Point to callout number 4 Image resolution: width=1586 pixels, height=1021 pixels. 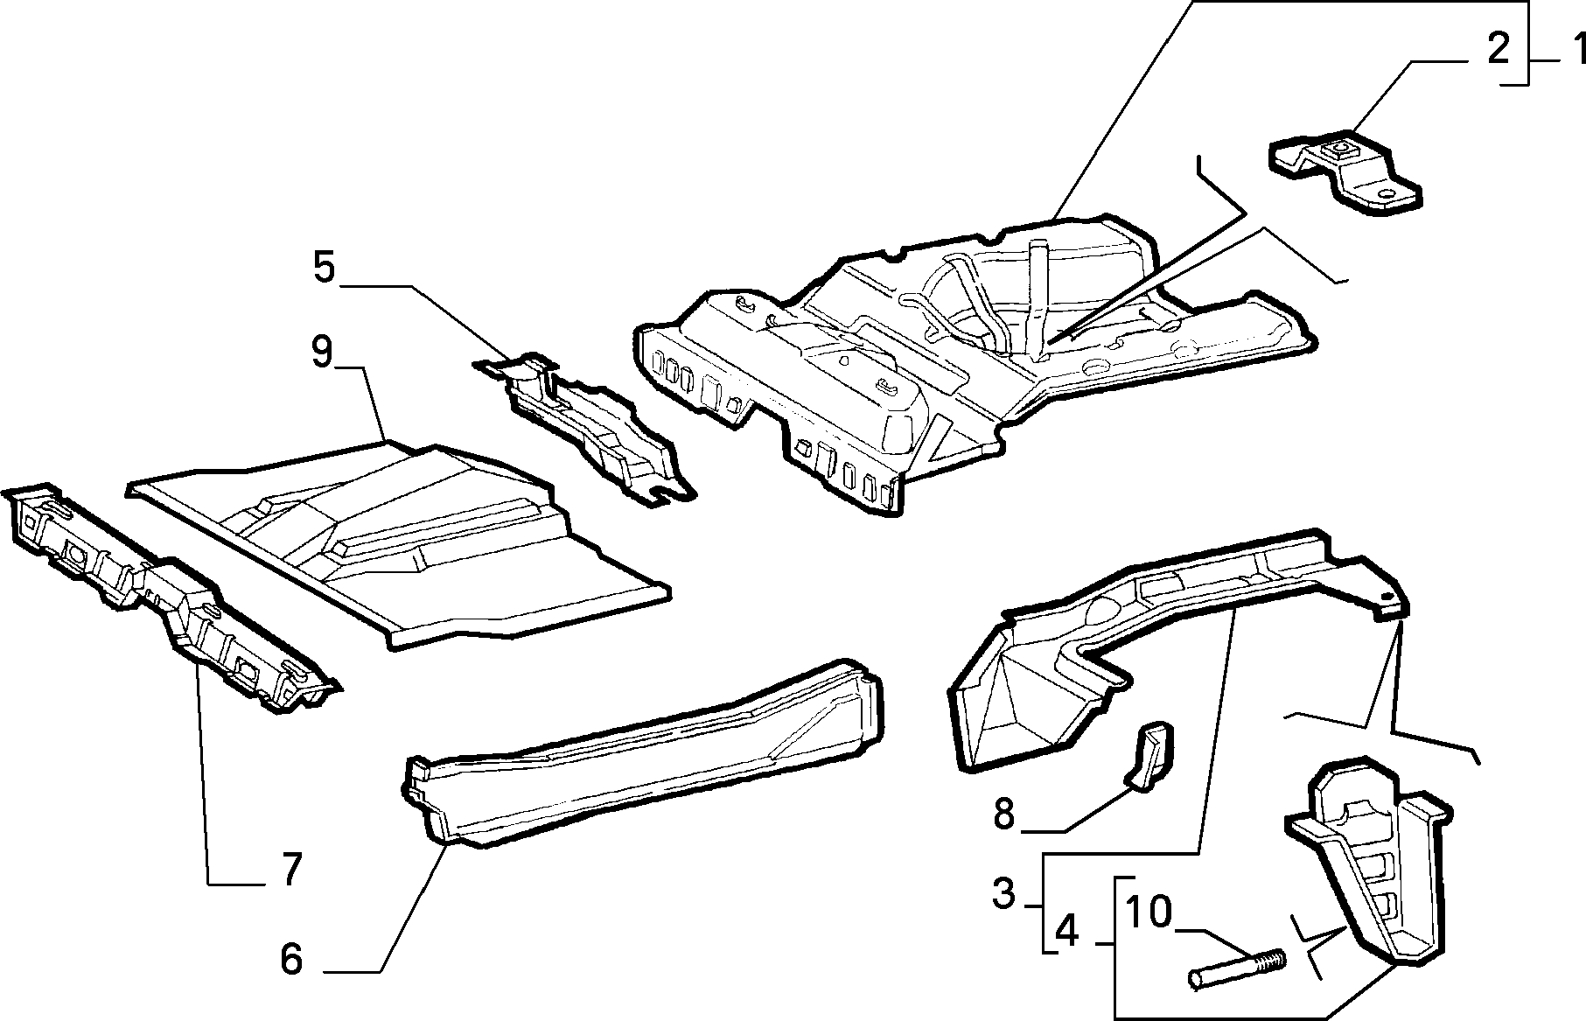pyautogui.click(x=1067, y=932)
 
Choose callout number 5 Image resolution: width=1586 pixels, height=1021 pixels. pyautogui.click(x=324, y=268)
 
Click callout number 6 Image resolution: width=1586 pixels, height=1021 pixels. pyautogui.click(x=291, y=959)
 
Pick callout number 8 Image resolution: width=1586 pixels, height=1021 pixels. pyautogui.click(x=1003, y=814)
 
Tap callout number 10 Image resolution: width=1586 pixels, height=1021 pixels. pyautogui.click(x=1149, y=912)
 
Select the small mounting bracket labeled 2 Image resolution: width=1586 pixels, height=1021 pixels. pyautogui.click(x=1344, y=173)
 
